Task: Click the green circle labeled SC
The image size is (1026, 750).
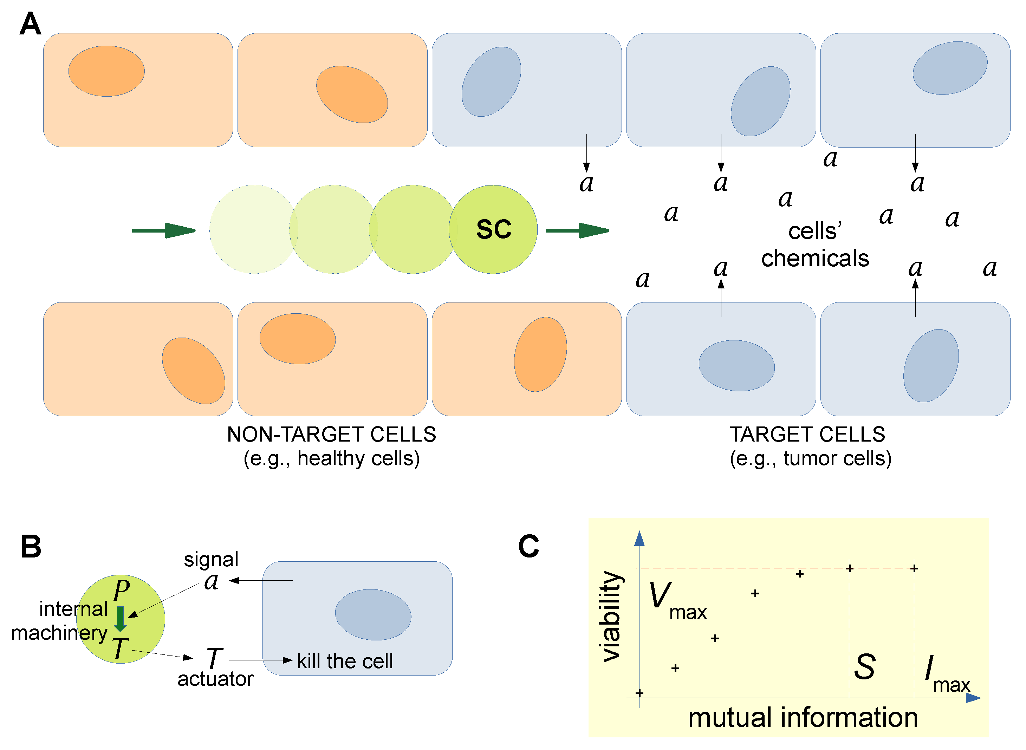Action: (x=493, y=229)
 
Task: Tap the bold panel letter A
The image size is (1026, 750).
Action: (x=31, y=24)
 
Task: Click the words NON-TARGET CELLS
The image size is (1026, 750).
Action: (x=331, y=435)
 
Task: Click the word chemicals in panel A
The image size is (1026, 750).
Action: (x=815, y=258)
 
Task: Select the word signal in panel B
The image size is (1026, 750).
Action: (x=211, y=559)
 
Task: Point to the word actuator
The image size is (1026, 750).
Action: (x=215, y=679)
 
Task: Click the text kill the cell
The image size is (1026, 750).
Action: (x=345, y=661)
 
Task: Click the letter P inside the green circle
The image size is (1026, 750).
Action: (x=122, y=590)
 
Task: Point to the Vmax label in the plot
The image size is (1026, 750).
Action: (x=676, y=601)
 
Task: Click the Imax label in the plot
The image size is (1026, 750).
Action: (x=946, y=674)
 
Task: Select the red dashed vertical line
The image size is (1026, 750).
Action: (x=849, y=635)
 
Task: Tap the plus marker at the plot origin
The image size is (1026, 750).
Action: (x=639, y=693)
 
